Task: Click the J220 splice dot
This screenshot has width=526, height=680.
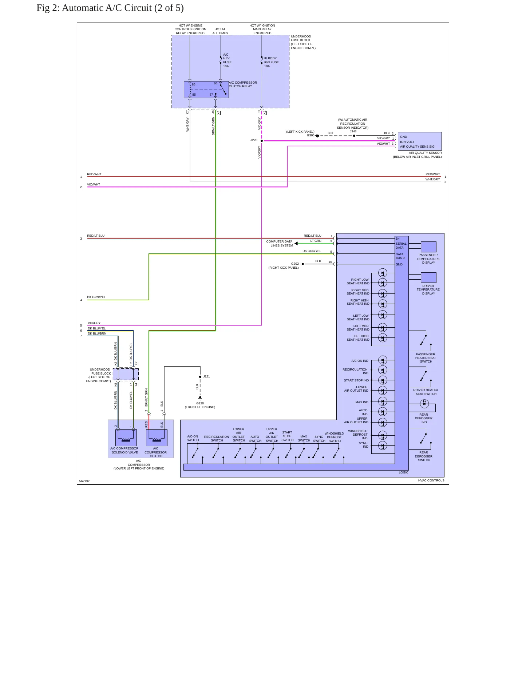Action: coord(262,141)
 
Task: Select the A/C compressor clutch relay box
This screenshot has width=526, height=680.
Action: coord(206,89)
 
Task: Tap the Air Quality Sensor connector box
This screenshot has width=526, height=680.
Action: coord(420,141)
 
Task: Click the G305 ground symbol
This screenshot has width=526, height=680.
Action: coord(317,136)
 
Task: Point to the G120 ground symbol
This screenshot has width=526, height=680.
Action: coord(200,398)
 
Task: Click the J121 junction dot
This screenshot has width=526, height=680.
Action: coord(200,377)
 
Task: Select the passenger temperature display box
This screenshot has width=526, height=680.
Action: coord(428,247)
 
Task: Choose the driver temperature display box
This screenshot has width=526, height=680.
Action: coord(428,278)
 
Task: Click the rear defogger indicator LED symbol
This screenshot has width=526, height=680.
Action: coord(424,403)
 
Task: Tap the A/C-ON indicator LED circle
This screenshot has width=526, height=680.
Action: coord(383,360)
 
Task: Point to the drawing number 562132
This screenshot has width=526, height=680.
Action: coord(84,481)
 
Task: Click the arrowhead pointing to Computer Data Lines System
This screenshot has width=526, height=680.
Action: coord(296,244)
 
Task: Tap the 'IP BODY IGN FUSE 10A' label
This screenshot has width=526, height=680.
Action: coord(272,62)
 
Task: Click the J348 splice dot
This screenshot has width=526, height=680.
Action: coord(354,136)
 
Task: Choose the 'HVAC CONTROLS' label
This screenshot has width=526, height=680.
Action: coord(431,480)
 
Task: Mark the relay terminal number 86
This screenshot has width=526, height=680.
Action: coord(194,84)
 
